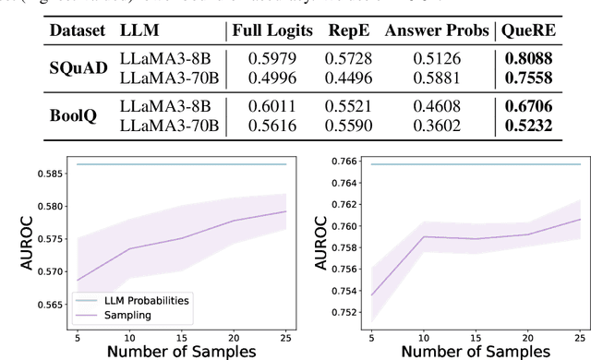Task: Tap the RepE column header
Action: pyautogui.click(x=347, y=31)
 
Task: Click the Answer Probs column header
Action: pyautogui.click(x=438, y=31)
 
